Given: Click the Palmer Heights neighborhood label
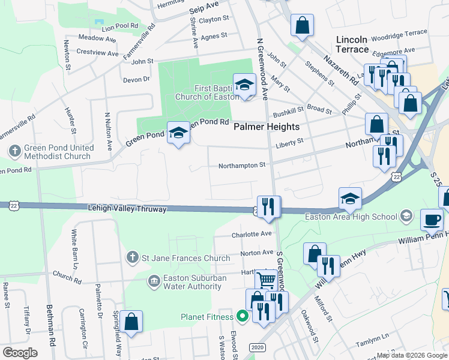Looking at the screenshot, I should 266,127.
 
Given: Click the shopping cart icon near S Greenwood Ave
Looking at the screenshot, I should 266,280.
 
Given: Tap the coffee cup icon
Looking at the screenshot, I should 432,220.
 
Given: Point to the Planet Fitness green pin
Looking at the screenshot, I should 243,316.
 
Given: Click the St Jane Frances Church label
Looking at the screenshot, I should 185,258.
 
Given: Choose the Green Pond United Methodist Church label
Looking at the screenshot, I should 58,152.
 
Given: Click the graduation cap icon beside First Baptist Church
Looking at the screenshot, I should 244,85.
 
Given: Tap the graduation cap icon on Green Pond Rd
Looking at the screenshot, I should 178,133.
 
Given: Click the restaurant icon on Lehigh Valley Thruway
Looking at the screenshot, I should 269,206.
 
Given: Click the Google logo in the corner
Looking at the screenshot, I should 20,353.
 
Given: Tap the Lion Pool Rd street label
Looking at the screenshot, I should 120,28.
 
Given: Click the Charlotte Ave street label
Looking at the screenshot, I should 252,234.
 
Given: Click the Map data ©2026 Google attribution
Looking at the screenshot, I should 411,355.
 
